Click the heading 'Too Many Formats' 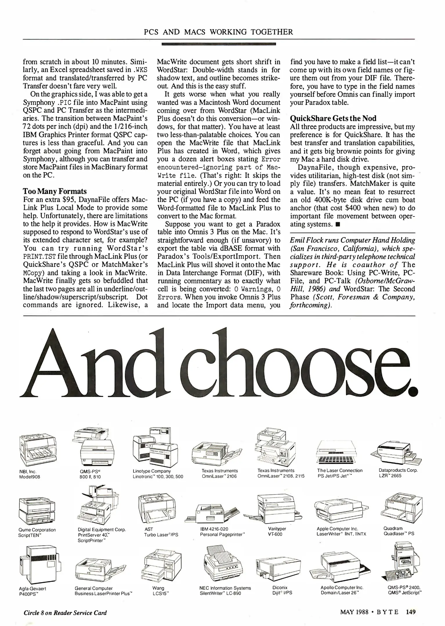[55, 191]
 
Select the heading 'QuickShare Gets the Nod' [333, 118]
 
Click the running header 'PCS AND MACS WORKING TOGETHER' [218, 32]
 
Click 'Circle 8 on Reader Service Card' [65, 613]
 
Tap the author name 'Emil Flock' [305, 240]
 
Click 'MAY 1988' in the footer [354, 612]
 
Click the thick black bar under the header [218, 44]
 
